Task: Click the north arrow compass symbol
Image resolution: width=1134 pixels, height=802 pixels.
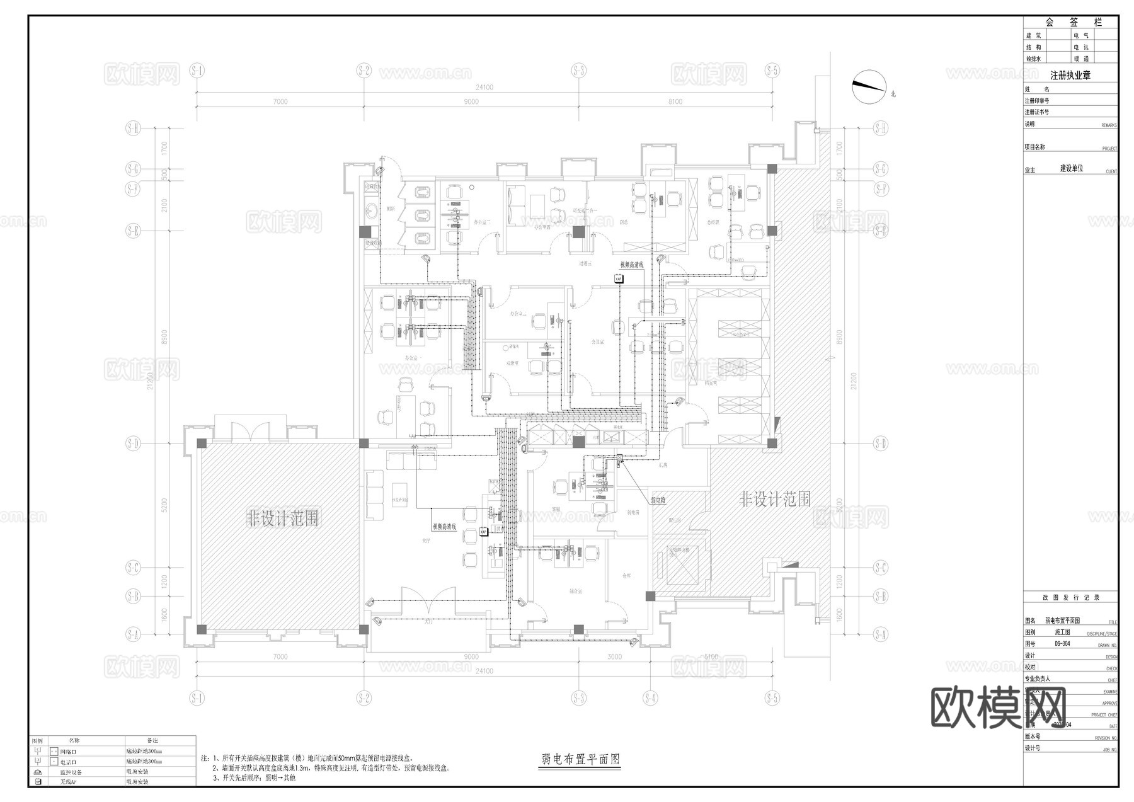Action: coord(868,86)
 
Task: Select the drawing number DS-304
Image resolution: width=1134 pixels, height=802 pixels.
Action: coord(1062,644)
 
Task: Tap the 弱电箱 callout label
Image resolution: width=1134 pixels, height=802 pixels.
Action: coord(658,500)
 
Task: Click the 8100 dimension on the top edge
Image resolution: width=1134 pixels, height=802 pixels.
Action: coord(675,101)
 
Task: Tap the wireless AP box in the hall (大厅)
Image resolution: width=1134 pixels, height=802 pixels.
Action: coord(483,532)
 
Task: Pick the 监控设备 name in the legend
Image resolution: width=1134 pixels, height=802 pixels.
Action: coord(71,772)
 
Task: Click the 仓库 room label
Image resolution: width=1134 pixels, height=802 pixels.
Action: coord(626,575)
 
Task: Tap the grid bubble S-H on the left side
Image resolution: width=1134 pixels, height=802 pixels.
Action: coord(133,129)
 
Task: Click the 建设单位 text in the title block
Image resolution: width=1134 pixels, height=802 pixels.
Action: coord(1071,169)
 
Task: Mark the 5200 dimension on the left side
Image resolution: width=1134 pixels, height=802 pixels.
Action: coord(164,505)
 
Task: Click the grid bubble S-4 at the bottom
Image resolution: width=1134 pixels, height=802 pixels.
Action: coord(650,698)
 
